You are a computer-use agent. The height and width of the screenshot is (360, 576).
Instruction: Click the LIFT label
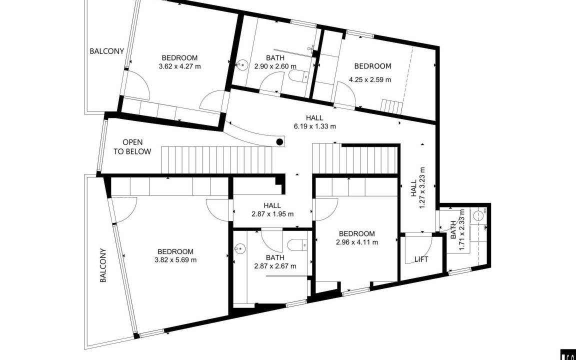[x=421, y=259]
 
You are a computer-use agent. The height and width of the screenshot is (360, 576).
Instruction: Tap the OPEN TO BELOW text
[x=132, y=146]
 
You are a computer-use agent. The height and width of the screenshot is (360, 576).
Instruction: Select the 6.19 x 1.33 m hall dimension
[x=315, y=126]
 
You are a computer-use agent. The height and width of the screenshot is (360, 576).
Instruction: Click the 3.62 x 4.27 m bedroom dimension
[x=180, y=66]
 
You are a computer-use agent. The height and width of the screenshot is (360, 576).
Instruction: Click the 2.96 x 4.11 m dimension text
[x=357, y=242]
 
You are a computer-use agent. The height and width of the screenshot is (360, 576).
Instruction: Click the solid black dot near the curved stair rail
[x=280, y=141]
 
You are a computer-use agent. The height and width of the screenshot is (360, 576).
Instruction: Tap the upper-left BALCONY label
[x=106, y=51]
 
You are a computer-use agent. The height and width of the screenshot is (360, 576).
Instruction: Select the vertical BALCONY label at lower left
[x=103, y=265]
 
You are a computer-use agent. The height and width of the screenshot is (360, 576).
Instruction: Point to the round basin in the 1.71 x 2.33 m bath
[x=478, y=215]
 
